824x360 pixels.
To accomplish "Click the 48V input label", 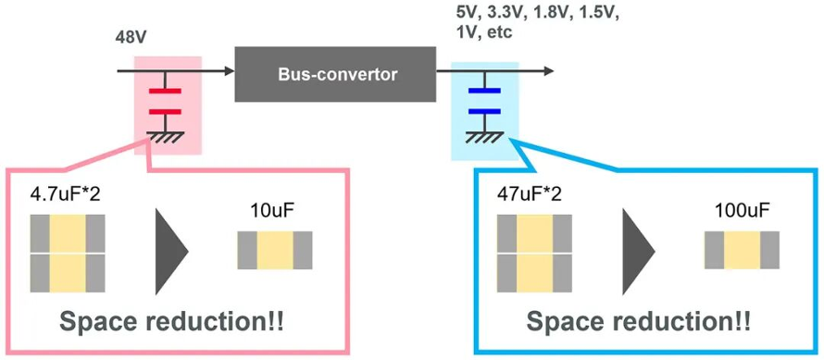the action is tap(130, 40).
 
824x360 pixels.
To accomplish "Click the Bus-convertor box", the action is tap(335, 74).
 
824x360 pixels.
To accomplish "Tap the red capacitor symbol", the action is tap(165, 102).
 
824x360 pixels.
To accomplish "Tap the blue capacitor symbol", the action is tap(484, 102).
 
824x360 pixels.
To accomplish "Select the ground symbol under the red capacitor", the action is tap(165, 137).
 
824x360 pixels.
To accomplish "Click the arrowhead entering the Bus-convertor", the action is tap(229, 70).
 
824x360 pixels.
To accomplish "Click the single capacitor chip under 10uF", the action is tap(275, 250).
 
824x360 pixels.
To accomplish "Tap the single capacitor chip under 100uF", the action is tap(742, 250).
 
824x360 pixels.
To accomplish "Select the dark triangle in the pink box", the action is tap(171, 251).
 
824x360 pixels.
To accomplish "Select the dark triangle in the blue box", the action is tap(639, 251).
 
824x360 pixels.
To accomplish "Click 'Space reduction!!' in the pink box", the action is tap(172, 322).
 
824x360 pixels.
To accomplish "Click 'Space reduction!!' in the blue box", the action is tap(639, 322).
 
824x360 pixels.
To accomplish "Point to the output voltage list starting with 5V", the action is tap(537, 22).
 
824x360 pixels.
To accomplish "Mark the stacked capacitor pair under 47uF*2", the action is tap(534, 254).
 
